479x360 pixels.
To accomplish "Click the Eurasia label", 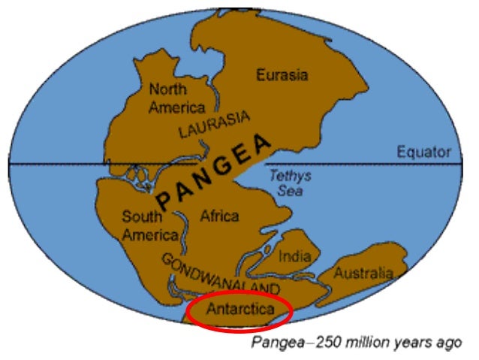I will [x=282, y=75].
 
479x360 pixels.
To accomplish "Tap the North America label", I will [x=176, y=98].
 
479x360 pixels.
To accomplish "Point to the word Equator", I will [x=424, y=153].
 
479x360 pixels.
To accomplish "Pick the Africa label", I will [x=219, y=216].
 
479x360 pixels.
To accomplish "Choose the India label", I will [x=294, y=256].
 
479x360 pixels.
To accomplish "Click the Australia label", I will [x=363, y=272].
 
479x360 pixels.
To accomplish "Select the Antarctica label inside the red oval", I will [x=239, y=310].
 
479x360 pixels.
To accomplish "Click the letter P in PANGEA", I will [x=164, y=202].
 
